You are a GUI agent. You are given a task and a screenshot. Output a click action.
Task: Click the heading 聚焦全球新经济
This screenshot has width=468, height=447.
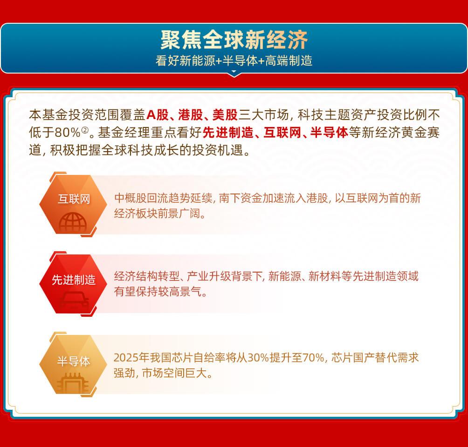[234, 40]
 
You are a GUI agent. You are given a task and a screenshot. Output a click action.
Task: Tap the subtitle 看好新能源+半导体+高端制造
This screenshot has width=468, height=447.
[234, 61]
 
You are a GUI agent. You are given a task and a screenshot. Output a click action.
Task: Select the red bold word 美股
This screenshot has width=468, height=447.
[225, 114]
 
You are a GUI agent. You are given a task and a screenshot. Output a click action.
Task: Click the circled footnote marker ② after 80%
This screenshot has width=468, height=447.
[85, 130]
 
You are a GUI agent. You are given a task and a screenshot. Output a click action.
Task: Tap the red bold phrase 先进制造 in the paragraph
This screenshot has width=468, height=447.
[228, 133]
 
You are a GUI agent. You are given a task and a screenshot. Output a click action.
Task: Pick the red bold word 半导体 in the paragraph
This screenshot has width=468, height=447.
[329, 133]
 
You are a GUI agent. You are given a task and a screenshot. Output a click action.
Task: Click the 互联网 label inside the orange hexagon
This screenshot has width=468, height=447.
[74, 199]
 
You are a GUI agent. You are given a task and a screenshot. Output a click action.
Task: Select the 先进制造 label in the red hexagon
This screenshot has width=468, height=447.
[74, 280]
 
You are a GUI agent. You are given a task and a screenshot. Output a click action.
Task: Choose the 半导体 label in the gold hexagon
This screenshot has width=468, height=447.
[74, 361]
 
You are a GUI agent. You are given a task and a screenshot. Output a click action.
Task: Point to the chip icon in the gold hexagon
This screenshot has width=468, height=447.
[73, 383]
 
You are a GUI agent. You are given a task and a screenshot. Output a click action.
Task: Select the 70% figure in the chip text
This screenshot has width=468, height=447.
[313, 357]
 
